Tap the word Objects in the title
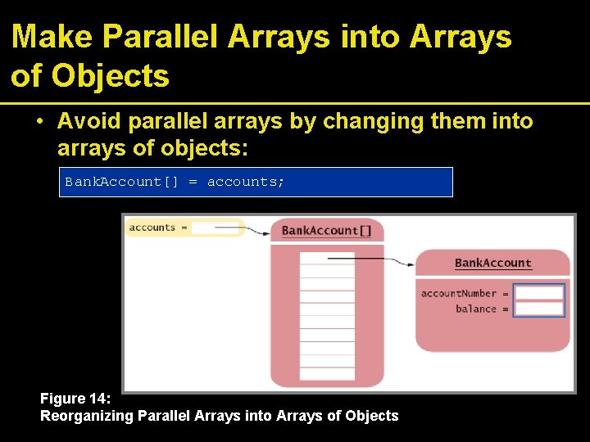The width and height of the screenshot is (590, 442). [x=111, y=76]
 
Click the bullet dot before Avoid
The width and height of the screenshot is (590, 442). [x=39, y=122]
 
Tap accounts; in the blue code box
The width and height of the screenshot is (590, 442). [x=246, y=182]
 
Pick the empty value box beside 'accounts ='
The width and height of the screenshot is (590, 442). [x=216, y=228]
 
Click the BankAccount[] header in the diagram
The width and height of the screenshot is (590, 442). [x=326, y=230]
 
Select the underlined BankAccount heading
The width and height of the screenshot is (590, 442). [x=492, y=263]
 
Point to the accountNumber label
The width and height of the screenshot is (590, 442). [x=459, y=293]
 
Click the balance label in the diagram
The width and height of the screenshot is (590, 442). [x=476, y=309]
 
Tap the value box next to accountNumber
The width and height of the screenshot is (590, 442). [x=538, y=293]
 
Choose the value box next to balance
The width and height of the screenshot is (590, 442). [x=538, y=309]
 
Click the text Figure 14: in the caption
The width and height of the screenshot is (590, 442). [x=75, y=399]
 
